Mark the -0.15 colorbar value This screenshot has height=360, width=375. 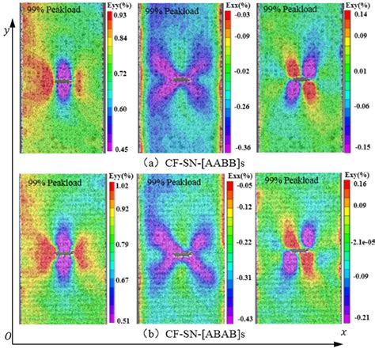point(358,148)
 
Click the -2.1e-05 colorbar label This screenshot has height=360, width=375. point(359,254)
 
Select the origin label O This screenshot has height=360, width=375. point(7,337)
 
